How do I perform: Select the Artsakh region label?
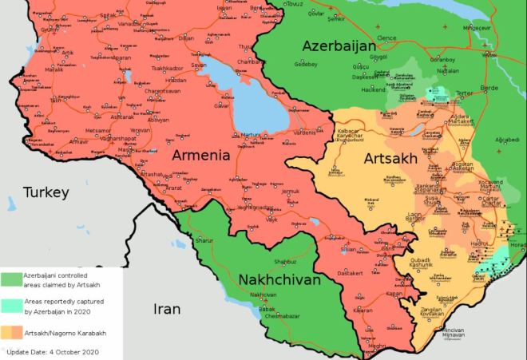pyautogui.click(x=390, y=159)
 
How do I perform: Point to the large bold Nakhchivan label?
pyautogui.click(x=279, y=280)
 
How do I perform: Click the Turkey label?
pyautogui.click(x=46, y=192)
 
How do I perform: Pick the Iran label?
pyautogui.click(x=168, y=309)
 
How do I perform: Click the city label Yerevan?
pyautogui.click(x=141, y=129)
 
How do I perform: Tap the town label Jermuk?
pyautogui.click(x=289, y=192)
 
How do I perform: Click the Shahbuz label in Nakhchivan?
pyautogui.click(x=284, y=261)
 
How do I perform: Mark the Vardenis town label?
pyautogui.click(x=304, y=133)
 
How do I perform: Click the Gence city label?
pyautogui.click(x=387, y=38)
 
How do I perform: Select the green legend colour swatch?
pyautogui.click(x=12, y=279)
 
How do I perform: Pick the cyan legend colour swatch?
pyautogui.click(x=12, y=305)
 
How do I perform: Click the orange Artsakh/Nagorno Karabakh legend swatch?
pyautogui.click(x=12, y=331)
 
